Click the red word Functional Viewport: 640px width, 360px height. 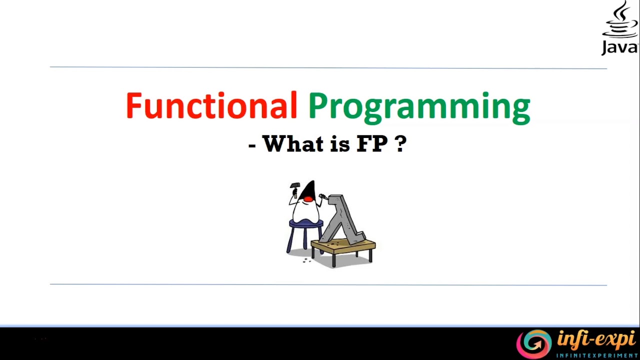211,105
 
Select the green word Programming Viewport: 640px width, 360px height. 419,106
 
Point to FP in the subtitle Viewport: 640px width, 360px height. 372,144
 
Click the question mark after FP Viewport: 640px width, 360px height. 401,144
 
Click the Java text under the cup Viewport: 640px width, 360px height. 619,47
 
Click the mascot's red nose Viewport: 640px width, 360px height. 308,199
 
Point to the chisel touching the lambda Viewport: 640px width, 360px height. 323,198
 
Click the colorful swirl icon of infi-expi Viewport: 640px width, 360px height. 533,343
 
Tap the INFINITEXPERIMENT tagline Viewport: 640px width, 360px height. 597,355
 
